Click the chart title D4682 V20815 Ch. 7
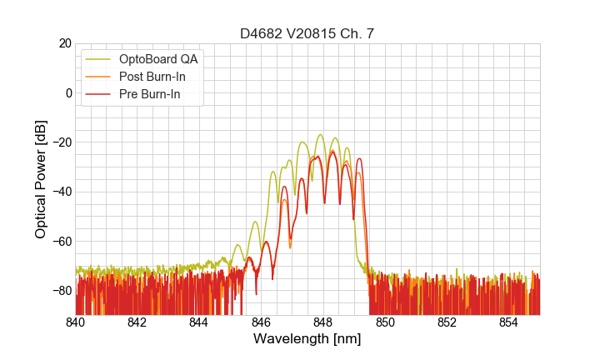coord(307,34)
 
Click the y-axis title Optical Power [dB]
coord(41,179)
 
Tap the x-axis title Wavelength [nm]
coord(307,339)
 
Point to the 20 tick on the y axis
coord(63,43)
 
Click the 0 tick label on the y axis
coord(67,92)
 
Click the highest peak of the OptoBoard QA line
coord(320,134)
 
